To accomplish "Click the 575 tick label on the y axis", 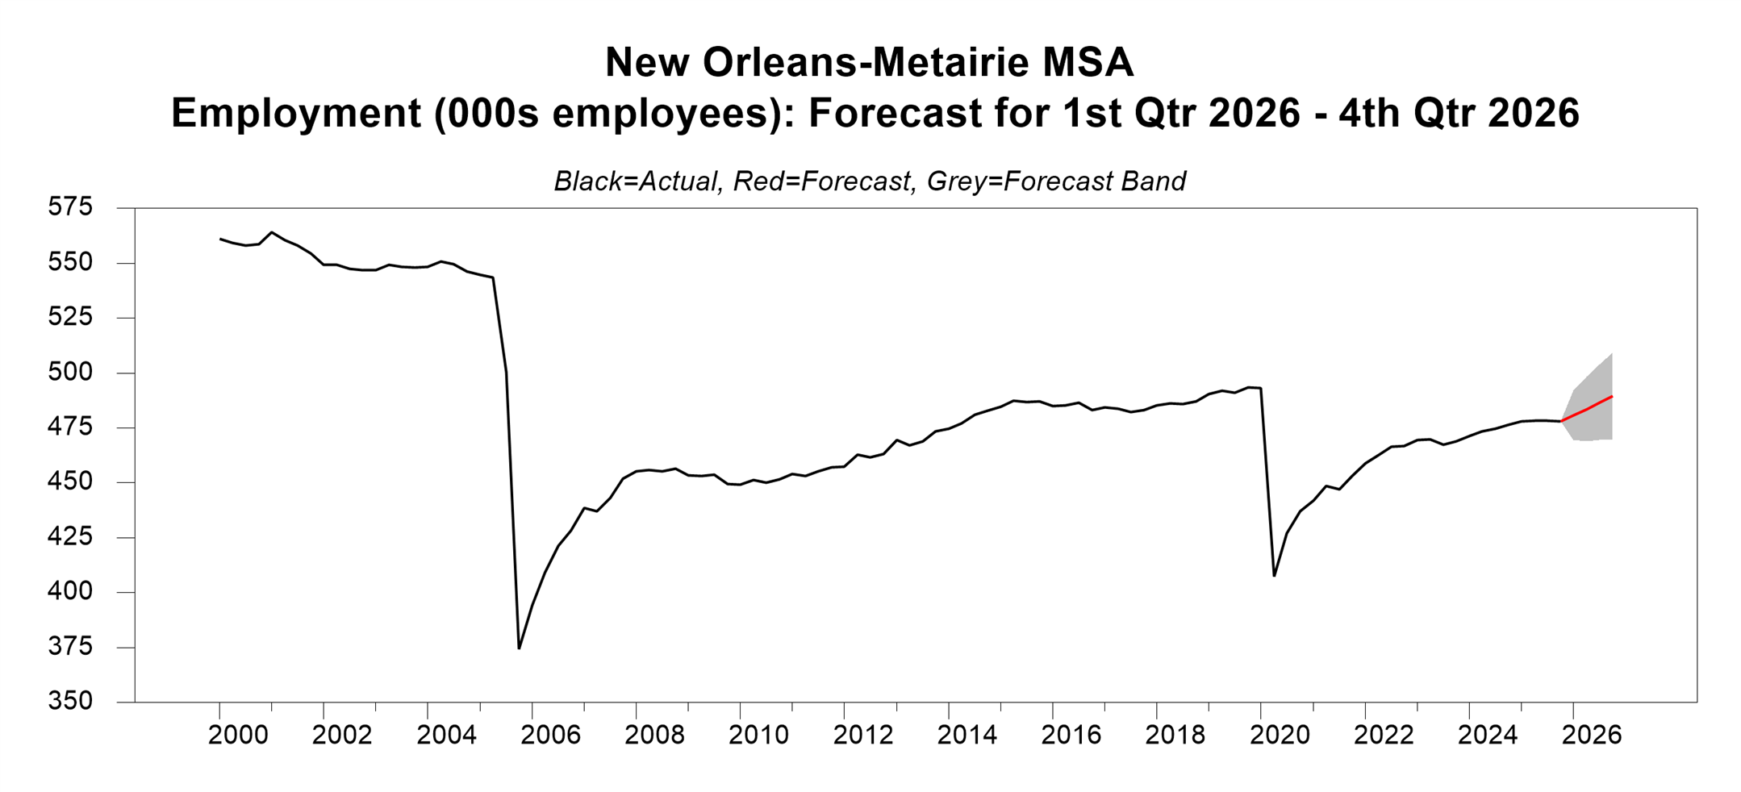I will pyautogui.click(x=70, y=207).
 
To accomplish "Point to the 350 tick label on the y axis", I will pyautogui.click(x=70, y=702).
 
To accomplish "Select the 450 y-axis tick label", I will pyautogui.click(x=70, y=482).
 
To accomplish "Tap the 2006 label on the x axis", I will pyautogui.click(x=550, y=735).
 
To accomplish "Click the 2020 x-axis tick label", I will pyautogui.click(x=1280, y=735).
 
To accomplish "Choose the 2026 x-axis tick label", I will pyautogui.click(x=1592, y=735).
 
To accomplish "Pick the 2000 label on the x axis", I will pyautogui.click(x=238, y=735).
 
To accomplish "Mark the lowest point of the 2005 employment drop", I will pyautogui.click(x=519, y=648).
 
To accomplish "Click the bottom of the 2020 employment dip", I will pyautogui.click(x=1274, y=575).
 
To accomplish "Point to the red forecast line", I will pyautogui.click(x=1588, y=409).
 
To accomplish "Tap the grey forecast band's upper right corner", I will pyautogui.click(x=1611, y=354).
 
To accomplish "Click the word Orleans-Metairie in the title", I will pyautogui.click(x=867, y=63).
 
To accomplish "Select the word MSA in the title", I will pyautogui.click(x=1088, y=63).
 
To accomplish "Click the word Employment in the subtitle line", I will pyautogui.click(x=295, y=113).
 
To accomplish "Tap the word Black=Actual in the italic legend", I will pyautogui.click(x=636, y=181).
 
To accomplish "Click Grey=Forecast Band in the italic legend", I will pyautogui.click(x=1056, y=181).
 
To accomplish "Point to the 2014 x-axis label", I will pyautogui.click(x=967, y=735).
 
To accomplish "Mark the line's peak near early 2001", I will pyautogui.click(x=272, y=232).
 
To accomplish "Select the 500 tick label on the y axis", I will pyautogui.click(x=70, y=373).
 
